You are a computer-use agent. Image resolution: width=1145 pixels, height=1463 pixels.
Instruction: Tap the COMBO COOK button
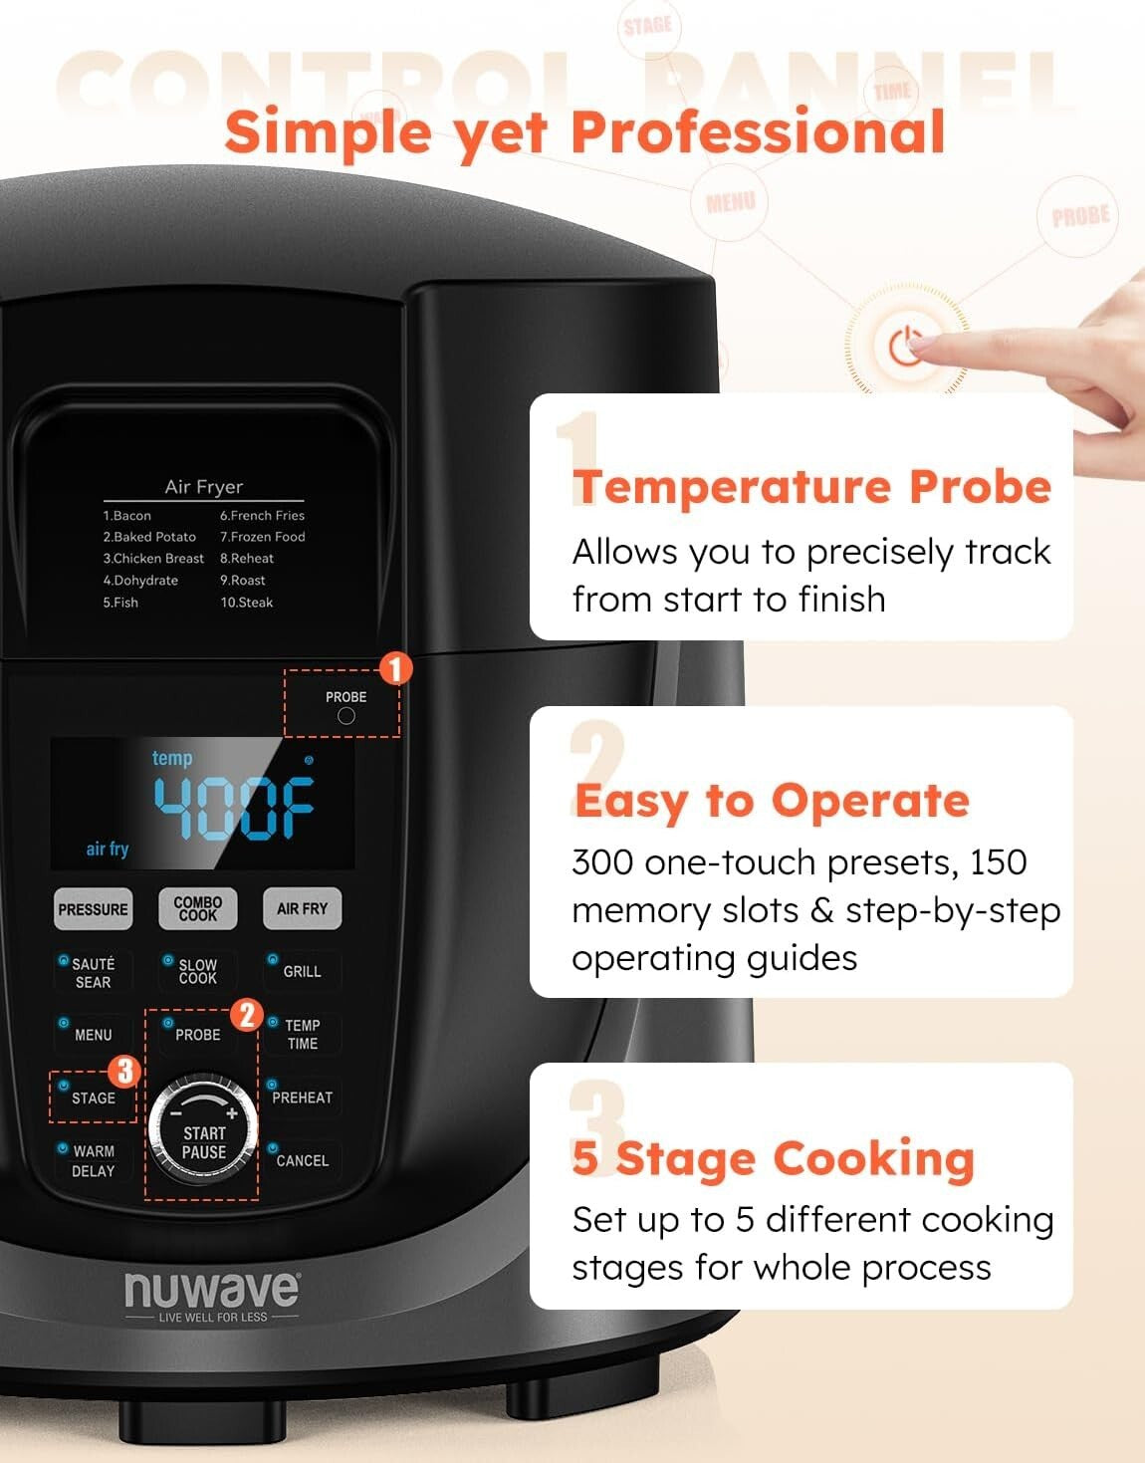[198, 908]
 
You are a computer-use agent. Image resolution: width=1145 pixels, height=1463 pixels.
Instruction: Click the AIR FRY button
[302, 908]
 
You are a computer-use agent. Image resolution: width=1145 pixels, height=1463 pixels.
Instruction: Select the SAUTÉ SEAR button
[93, 972]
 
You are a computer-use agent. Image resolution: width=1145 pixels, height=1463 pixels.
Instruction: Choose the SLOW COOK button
[197, 972]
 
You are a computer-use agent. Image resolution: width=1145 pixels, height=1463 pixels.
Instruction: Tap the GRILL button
[302, 971]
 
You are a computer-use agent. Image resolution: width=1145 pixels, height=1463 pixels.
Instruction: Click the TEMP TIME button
[302, 1035]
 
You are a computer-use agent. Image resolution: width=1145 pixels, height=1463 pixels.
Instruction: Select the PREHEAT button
[302, 1097]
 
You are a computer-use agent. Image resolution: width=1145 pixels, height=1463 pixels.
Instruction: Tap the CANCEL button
[302, 1160]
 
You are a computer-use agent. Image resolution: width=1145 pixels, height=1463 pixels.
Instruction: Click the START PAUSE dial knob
[203, 1130]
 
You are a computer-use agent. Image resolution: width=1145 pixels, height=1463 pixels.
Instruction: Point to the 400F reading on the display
[234, 807]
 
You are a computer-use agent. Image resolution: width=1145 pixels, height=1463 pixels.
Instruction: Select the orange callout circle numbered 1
[395, 668]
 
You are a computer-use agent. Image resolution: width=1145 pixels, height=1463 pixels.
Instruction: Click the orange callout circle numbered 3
[124, 1072]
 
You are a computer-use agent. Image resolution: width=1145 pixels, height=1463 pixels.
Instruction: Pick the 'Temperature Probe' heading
[811, 487]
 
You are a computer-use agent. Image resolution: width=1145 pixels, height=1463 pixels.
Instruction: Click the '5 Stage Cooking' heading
[773, 1159]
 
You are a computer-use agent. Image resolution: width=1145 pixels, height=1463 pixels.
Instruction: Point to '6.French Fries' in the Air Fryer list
[262, 516]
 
